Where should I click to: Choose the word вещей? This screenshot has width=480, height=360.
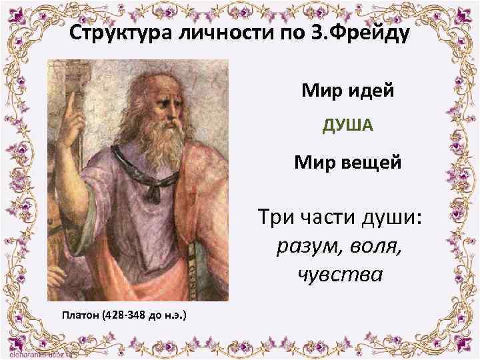point(372,161)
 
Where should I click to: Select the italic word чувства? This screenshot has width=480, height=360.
point(332,274)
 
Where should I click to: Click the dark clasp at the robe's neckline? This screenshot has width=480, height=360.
point(151,193)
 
